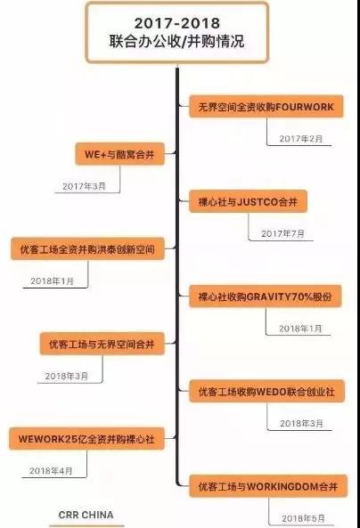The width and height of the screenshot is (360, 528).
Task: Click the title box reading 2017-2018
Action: coord(177,32)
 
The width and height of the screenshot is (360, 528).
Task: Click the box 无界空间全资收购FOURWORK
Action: coord(266,107)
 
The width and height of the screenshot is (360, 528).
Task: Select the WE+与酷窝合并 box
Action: coord(119,154)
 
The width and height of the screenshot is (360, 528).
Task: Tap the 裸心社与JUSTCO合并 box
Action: coord(248,202)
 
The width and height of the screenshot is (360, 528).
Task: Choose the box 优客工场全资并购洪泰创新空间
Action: coord(87,249)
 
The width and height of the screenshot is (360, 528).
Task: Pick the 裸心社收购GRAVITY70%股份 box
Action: coord(266,296)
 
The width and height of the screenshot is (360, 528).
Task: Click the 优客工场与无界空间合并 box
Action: coord(102,345)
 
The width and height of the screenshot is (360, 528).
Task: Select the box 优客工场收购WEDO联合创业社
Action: coord(266,392)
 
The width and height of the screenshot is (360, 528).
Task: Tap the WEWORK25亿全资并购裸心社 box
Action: coord(86,439)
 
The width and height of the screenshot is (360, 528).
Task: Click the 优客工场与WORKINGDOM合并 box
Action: coord(268,486)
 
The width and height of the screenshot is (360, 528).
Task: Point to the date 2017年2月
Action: coord(301,139)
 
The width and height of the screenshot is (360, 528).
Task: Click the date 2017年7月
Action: coord(282,233)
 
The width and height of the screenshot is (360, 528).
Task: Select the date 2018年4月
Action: coord(51,471)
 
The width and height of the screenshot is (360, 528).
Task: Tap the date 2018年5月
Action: coord(303,518)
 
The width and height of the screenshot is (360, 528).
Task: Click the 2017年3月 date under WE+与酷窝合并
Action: coord(84,186)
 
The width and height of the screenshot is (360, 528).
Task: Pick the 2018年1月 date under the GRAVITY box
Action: coord(300,329)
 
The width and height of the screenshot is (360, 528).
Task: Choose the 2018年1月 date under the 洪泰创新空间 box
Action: coord(53,281)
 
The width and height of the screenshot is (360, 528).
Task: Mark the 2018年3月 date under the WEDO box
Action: coord(302,424)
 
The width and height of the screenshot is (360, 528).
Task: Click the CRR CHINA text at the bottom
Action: coord(86,515)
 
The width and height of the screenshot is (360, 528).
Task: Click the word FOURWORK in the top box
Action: coord(305,107)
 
